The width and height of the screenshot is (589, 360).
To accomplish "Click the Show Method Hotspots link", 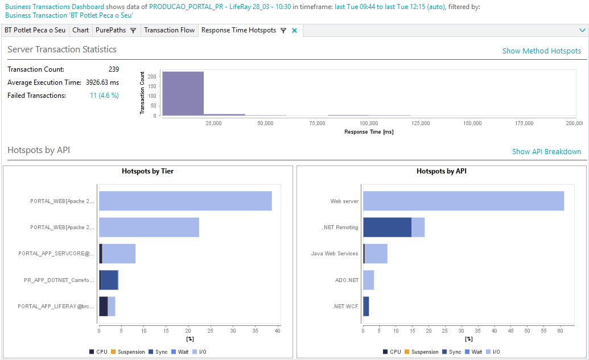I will point(541,51).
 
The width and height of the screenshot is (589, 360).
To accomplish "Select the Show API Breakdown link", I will point(546,152).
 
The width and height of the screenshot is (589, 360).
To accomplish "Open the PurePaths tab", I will point(111,30).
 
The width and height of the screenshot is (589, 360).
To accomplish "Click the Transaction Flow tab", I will point(169,30).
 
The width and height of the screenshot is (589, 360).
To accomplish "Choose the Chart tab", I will point(80,30).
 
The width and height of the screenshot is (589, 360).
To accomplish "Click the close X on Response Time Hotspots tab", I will point(294,31).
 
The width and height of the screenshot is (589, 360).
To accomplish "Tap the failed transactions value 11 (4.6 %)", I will point(104,96).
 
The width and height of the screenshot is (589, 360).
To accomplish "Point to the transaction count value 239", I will point(113,69).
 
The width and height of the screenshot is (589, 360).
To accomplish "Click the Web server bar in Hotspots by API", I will point(463,201).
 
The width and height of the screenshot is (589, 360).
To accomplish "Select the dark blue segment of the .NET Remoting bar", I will point(387,227).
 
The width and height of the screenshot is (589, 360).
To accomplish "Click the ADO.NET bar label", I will point(347,280).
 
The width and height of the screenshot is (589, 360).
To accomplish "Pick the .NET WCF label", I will point(345,307).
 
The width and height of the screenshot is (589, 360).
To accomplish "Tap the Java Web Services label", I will point(335,254).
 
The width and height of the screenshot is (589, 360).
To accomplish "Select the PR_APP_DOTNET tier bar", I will point(109,280).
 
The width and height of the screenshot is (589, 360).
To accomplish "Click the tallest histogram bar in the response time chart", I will point(183,94).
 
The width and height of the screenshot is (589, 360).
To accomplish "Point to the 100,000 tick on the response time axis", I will point(369,123).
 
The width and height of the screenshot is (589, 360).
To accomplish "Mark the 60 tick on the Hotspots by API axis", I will point(559,330).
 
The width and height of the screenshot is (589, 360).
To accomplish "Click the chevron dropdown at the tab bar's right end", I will point(582,30).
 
